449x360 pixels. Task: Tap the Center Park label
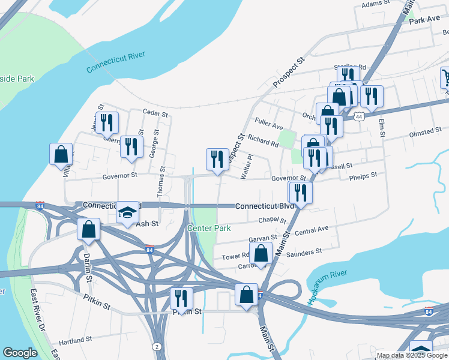(x=209, y=228)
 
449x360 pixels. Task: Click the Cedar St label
(x=154, y=112)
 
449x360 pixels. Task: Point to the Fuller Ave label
(x=268, y=126)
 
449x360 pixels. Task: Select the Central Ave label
(x=312, y=230)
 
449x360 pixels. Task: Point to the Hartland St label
(x=75, y=340)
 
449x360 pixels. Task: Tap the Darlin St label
(x=88, y=267)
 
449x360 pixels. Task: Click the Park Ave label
(x=425, y=20)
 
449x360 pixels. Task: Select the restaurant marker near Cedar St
(x=107, y=122)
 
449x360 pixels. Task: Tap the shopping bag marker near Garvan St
(x=261, y=252)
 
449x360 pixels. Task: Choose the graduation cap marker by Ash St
(x=127, y=212)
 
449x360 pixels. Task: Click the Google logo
(x=20, y=353)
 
